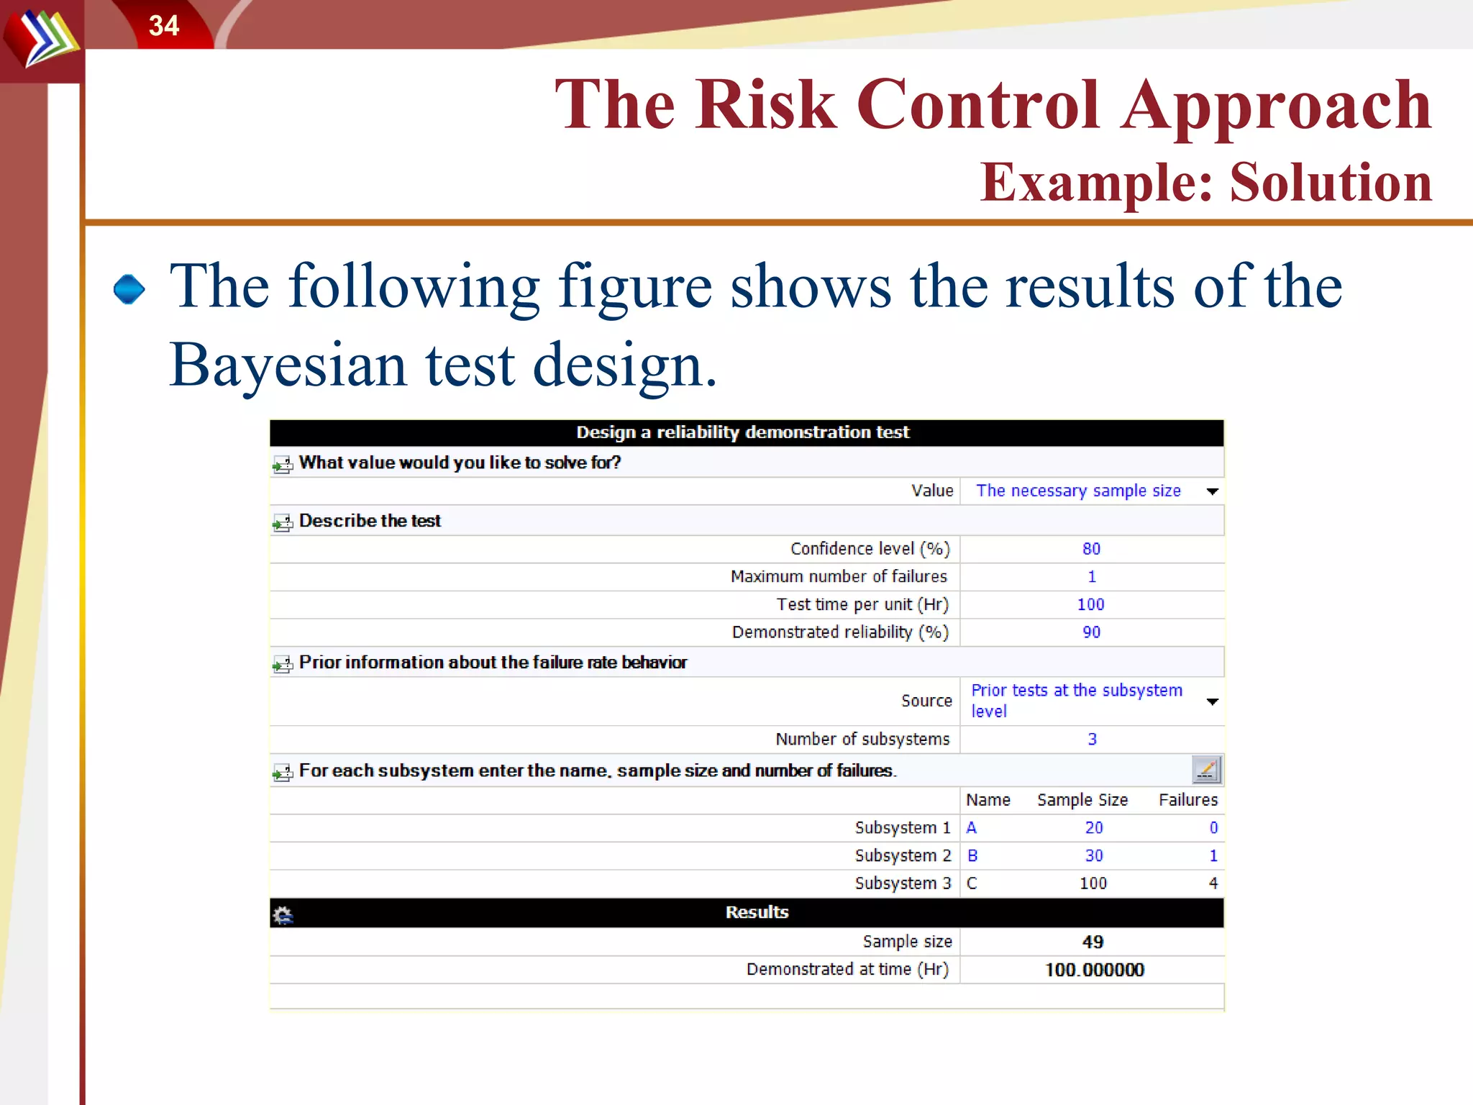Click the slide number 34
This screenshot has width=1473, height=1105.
click(163, 26)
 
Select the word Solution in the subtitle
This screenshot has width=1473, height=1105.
click(1331, 182)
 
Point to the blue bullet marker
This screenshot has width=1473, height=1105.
click(129, 289)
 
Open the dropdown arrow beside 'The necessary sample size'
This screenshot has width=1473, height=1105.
click(1212, 491)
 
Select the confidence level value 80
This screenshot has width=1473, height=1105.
click(1091, 549)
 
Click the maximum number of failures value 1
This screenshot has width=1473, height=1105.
click(1091, 577)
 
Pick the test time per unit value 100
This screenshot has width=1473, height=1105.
click(1090, 604)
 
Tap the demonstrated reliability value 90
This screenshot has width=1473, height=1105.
click(1091, 632)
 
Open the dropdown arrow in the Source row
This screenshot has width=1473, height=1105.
click(1212, 701)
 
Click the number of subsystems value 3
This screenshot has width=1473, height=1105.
click(1092, 740)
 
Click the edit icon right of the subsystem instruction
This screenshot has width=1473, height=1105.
click(1206, 770)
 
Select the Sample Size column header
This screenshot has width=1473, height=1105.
click(1082, 800)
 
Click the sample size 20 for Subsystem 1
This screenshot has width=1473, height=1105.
click(1093, 828)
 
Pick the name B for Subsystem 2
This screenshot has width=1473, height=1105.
click(972, 856)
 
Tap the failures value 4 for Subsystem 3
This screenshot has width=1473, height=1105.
click(1213, 883)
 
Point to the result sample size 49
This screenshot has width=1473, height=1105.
click(1093, 942)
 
